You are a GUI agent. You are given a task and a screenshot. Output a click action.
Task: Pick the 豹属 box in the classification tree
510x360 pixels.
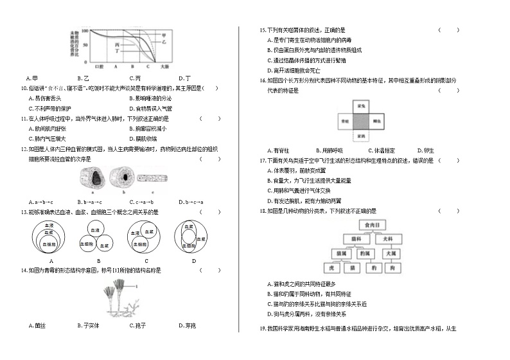click(364, 253)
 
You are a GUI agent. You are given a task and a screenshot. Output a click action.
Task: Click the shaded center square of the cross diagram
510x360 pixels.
click(361, 120)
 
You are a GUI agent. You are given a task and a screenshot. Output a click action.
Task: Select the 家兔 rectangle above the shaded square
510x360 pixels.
click(361, 105)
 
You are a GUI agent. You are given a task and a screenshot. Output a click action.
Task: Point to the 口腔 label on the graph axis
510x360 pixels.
click(100, 66)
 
